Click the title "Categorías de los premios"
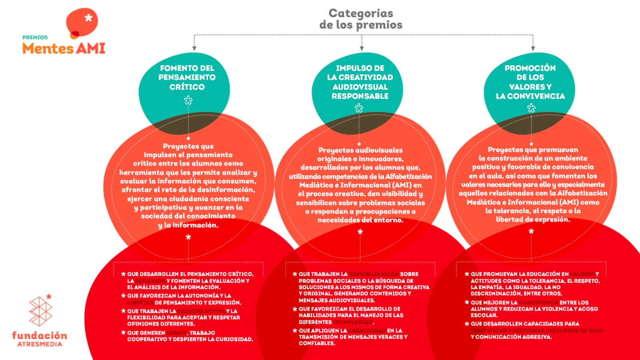(361, 19)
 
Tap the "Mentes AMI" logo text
(64, 48)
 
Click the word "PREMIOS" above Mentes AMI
(35, 37)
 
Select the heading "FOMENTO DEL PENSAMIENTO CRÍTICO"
(187, 77)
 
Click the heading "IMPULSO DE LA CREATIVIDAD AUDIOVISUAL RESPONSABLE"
(360, 82)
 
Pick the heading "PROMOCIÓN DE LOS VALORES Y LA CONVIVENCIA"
(530, 82)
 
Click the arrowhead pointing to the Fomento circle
(194, 48)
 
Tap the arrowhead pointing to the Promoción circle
(533, 48)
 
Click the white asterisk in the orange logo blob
(88, 18)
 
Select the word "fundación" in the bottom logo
(40, 335)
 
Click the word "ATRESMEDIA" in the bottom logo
(40, 344)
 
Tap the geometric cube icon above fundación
(40, 311)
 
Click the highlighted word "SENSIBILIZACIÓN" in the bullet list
(374, 274)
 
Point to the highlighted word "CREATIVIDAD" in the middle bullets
(367, 330)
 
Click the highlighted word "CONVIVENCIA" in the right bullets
(538, 302)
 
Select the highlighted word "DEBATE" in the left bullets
(176, 333)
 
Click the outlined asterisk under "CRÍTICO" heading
(188, 100)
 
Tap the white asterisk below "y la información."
(188, 238)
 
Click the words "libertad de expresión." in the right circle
(533, 219)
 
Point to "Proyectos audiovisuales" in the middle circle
(360, 150)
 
